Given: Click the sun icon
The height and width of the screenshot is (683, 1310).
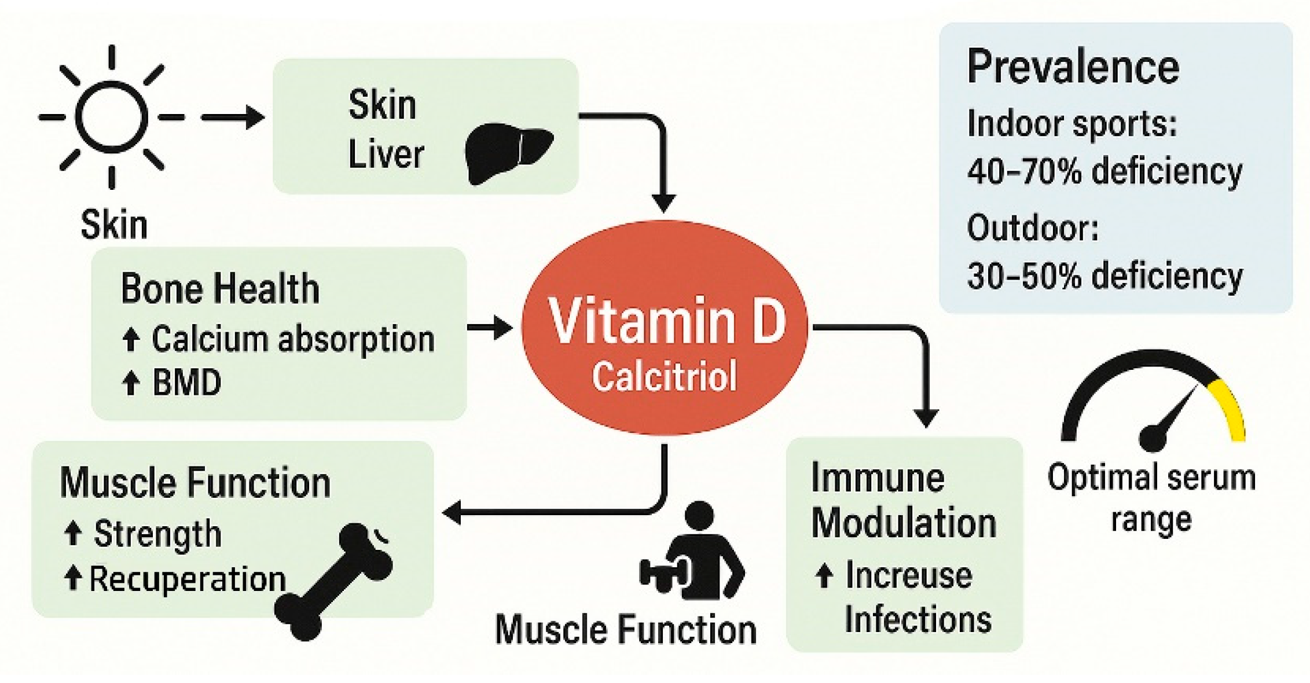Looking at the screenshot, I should [x=111, y=117].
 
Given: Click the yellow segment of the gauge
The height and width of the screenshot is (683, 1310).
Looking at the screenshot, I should [x=1232, y=408].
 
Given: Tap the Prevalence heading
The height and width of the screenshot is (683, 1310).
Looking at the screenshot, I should [x=1073, y=67].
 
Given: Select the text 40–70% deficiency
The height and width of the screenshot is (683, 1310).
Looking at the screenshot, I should [x=1104, y=171].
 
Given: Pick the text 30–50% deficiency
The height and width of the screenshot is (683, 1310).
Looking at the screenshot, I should [x=1104, y=276].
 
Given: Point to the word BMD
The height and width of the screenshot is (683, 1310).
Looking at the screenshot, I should [x=186, y=383].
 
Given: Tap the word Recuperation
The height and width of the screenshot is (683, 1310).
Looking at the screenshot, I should [x=187, y=578].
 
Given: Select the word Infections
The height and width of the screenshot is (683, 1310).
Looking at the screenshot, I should [x=918, y=619].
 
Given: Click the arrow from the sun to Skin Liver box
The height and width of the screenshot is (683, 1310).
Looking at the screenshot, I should [x=233, y=117].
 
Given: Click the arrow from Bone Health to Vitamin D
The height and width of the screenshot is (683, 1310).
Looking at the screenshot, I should [x=490, y=328].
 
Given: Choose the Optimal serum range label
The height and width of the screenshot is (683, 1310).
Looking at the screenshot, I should [x=1151, y=498].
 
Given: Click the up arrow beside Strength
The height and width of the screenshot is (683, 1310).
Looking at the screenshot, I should [x=73, y=533].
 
